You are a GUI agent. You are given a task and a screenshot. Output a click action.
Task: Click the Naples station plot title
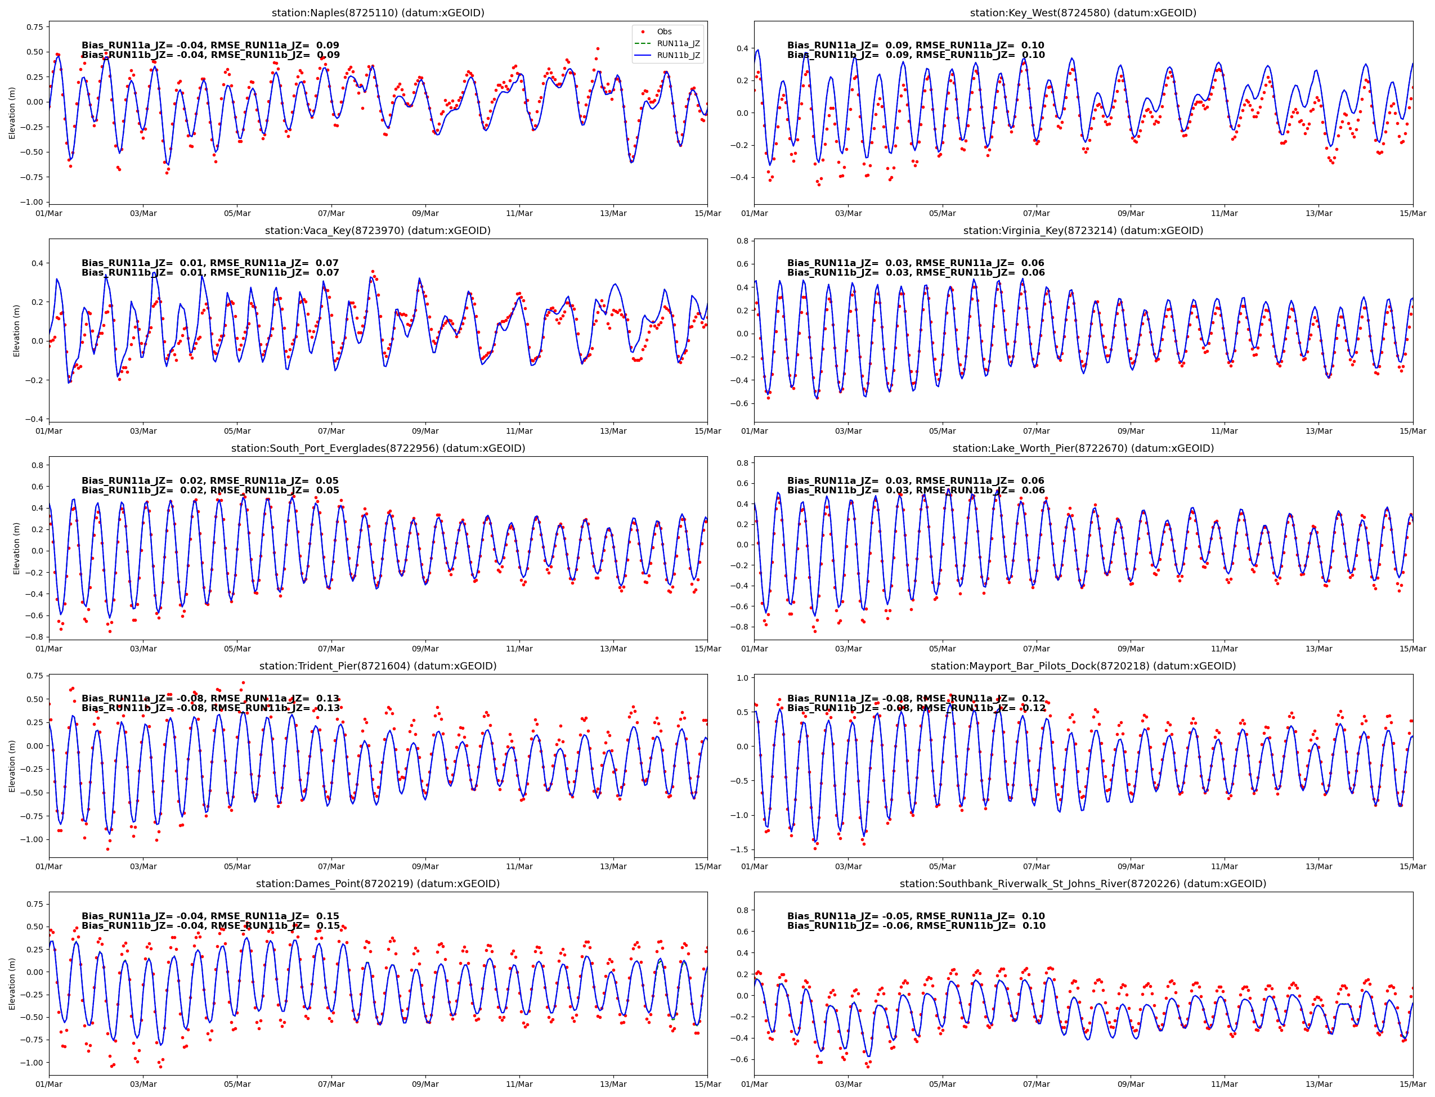coord(378,13)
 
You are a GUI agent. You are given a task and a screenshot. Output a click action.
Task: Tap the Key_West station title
coord(1082,13)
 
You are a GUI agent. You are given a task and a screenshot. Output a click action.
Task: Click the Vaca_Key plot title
coord(378,231)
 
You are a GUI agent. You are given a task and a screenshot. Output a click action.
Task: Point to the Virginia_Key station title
coord(1082,231)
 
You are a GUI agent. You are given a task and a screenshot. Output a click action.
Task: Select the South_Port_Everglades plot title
coord(378,448)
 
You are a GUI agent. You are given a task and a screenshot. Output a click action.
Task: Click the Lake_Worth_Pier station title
coord(1082,448)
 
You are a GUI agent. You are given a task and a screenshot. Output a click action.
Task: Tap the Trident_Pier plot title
coord(378,666)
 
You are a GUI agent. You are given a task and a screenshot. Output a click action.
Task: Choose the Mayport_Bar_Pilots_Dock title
coord(1082,666)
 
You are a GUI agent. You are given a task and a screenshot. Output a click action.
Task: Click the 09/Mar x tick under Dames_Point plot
coord(425,1085)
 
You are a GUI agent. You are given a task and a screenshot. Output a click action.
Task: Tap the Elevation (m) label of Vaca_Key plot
coord(17,330)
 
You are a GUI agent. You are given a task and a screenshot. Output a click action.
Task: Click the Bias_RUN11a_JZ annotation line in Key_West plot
coord(915,46)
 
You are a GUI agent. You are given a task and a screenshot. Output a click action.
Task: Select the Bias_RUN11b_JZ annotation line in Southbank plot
coord(915,926)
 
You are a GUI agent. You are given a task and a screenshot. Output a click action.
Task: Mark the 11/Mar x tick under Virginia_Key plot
coord(1224,431)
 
